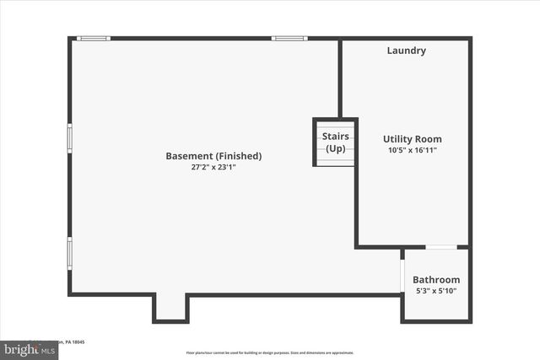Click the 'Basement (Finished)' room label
[213, 156]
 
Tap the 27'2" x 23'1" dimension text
[213, 167]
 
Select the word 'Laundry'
[406, 51]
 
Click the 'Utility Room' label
[412, 139]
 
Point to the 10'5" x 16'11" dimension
[412, 150]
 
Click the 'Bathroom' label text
[436, 280]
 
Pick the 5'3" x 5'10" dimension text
[436, 291]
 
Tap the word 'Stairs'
[336, 137]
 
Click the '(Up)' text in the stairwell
[336, 148]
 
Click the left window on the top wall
[94, 38]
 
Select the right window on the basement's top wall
[289, 38]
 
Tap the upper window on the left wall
[70, 137]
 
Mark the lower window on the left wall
[70, 250]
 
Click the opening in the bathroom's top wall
[441, 247]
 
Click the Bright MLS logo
[25, 348]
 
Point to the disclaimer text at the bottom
[270, 352]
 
